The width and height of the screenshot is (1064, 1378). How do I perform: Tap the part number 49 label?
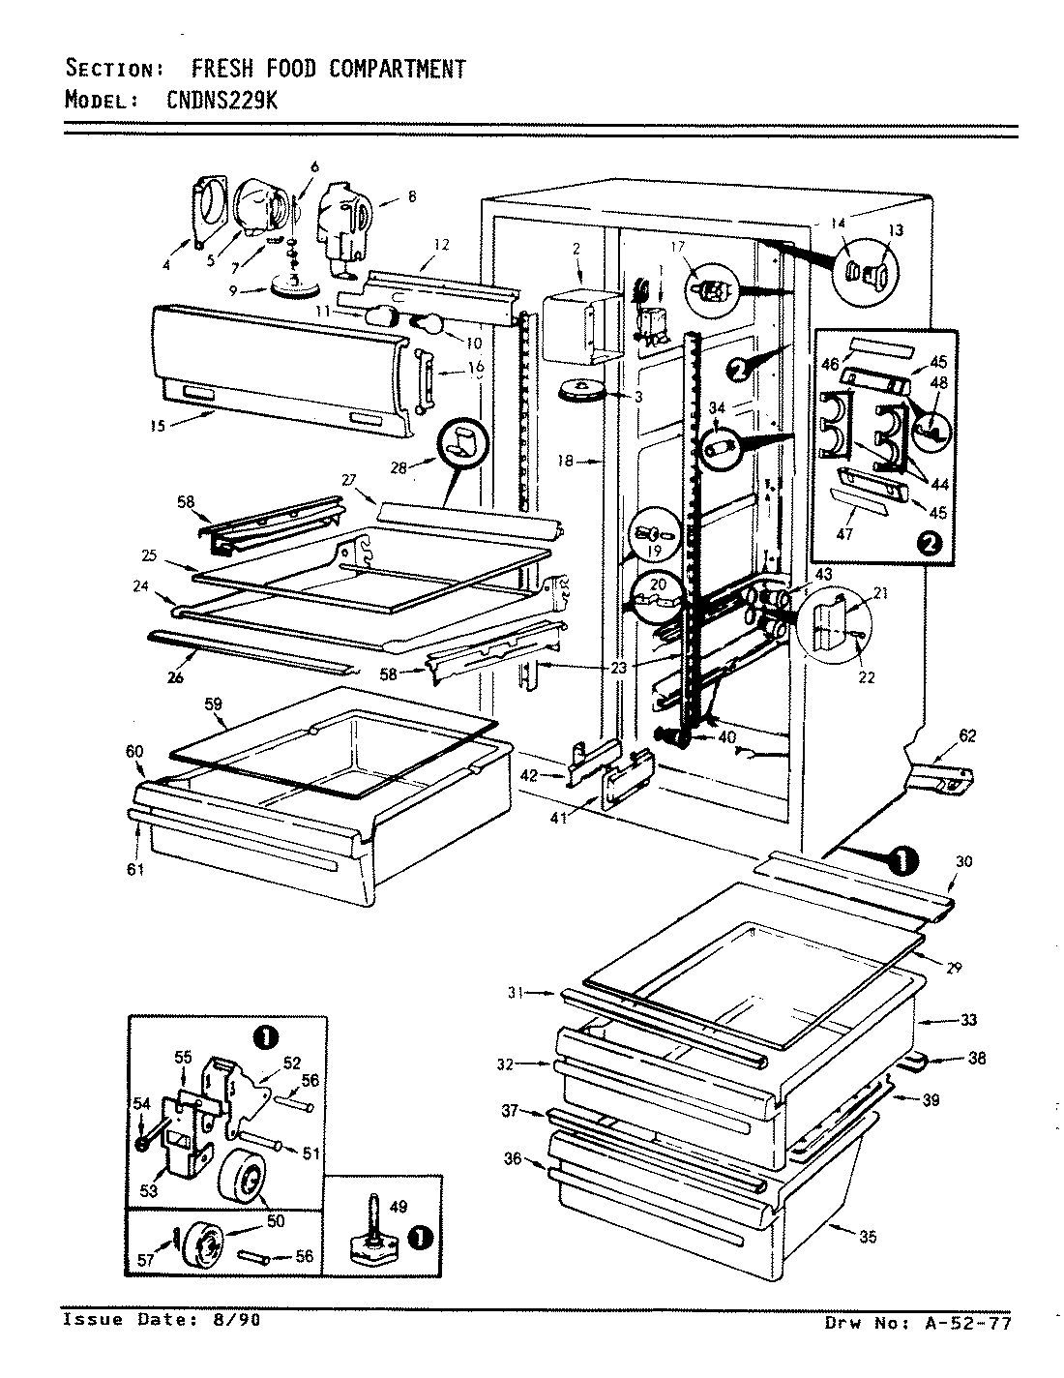397,1206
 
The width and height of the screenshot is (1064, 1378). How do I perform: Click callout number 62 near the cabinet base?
967,736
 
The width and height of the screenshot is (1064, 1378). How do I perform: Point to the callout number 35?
868,1236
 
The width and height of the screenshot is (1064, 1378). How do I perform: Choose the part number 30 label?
963,861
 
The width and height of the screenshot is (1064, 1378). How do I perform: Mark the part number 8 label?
411,196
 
